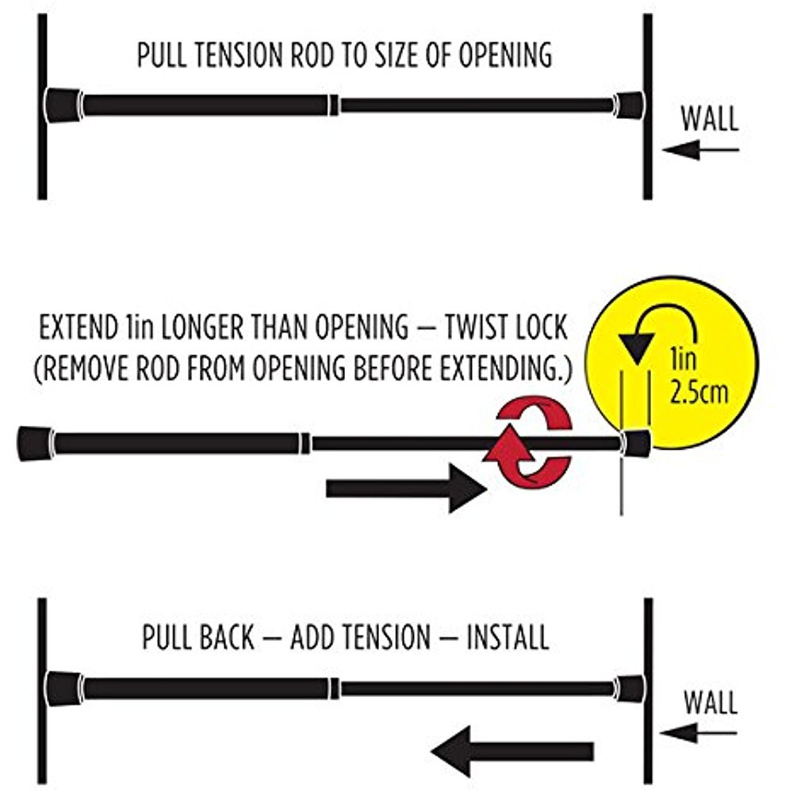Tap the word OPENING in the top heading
pyautogui.click(x=505, y=56)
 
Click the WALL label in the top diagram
pyautogui.click(x=710, y=119)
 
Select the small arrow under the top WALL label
pyautogui.click(x=700, y=150)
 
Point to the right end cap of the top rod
pyautogui.click(x=629, y=105)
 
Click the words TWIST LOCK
pyautogui.click(x=506, y=328)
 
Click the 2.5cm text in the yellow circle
pyautogui.click(x=699, y=392)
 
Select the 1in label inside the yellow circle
pyautogui.click(x=683, y=358)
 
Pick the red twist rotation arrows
pyautogui.click(x=528, y=443)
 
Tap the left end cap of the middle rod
pyautogui.click(x=36, y=443)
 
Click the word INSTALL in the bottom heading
pyautogui.click(x=508, y=638)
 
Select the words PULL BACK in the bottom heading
pyautogui.click(x=198, y=638)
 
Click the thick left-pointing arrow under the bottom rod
pyautogui.click(x=512, y=752)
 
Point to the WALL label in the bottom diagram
pyautogui.click(x=711, y=703)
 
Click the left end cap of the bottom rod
pyautogui.click(x=63, y=688)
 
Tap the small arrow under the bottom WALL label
pyautogui.click(x=699, y=733)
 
